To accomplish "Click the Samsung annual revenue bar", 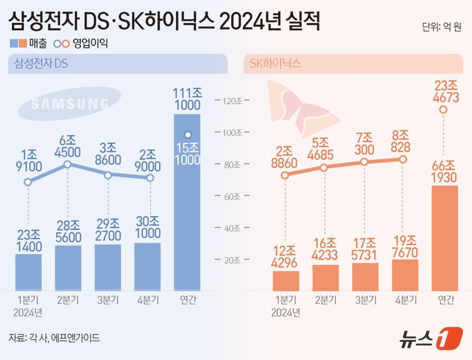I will (187, 206).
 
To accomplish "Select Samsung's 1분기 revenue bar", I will (28, 272).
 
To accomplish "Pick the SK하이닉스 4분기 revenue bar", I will (405, 273).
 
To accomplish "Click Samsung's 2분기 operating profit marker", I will (68, 164).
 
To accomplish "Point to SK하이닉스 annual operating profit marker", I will (444, 110).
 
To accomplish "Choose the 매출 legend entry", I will (24, 44).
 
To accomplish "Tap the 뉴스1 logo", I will (429, 339).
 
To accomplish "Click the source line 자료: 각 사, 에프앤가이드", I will (54, 338).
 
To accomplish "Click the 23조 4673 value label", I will (444, 91).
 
